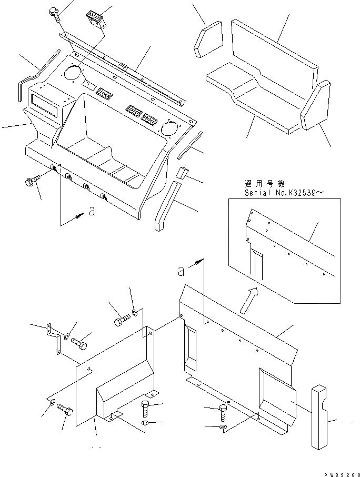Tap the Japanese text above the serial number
tap(264, 184)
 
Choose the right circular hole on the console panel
tap(170, 127)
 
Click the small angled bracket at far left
tap(53, 337)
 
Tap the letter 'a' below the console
tap(92, 212)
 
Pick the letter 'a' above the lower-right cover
tap(182, 271)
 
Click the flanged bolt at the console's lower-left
tap(31, 182)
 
